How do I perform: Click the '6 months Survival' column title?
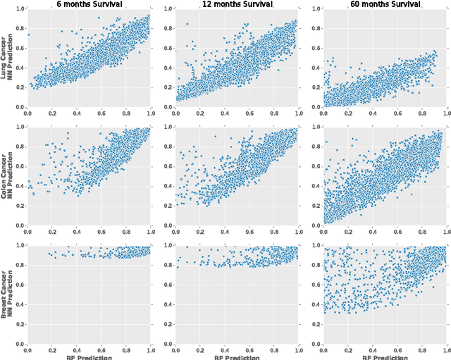pyautogui.click(x=89, y=4)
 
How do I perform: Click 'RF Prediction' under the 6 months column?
pyautogui.click(x=89, y=356)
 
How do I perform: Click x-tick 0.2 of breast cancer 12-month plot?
pyautogui.click(x=199, y=349)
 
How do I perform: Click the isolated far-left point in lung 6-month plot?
pyautogui.click(x=28, y=34)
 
